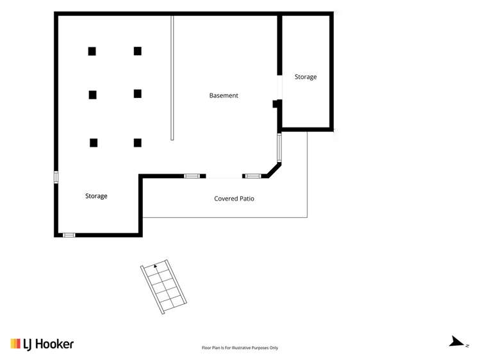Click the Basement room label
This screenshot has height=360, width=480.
[x=224, y=95]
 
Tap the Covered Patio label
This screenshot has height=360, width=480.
[x=234, y=199]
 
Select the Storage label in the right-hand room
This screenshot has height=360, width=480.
[x=306, y=77]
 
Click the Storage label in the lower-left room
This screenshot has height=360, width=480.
[x=96, y=196]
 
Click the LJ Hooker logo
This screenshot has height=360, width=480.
[x=42, y=344]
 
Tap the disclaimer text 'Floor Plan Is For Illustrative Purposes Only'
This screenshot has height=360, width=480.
[x=240, y=348]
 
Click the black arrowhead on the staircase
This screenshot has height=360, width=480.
[x=155, y=266]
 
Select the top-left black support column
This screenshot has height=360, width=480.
[x=92, y=51]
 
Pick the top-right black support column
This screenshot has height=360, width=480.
[x=138, y=51]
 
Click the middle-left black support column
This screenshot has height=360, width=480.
[x=93, y=95]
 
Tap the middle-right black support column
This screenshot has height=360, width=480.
[x=138, y=94]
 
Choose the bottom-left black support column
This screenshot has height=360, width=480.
[x=94, y=142]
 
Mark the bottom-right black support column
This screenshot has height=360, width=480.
[x=138, y=142]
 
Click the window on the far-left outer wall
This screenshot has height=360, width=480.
[x=56, y=177]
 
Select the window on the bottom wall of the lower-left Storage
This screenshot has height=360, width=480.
[x=69, y=235]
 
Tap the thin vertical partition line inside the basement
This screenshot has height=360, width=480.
[x=172, y=77]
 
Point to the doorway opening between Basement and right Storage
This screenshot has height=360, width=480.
[x=279, y=87]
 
